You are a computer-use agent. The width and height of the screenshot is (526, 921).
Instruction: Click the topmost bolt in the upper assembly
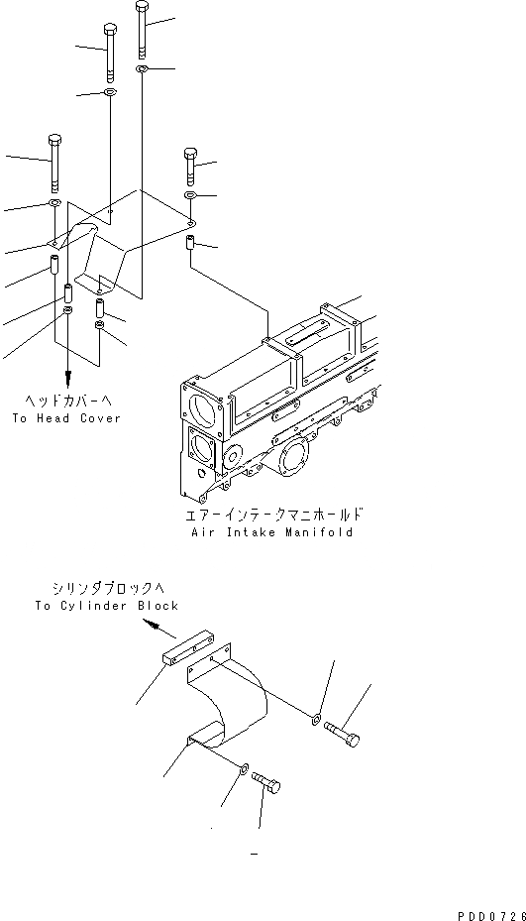coord(143,30)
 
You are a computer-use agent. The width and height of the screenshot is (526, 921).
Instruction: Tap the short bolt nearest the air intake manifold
coord(190,165)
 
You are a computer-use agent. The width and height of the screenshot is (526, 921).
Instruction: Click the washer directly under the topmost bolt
coord(143,70)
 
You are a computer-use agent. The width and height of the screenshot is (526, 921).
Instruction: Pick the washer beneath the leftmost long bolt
coord(54,204)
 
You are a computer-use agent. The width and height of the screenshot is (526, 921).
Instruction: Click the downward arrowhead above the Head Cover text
coord(67,378)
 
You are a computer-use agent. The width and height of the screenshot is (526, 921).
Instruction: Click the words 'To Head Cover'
coord(66,418)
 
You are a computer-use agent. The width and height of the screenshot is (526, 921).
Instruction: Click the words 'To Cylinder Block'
coord(107,606)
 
